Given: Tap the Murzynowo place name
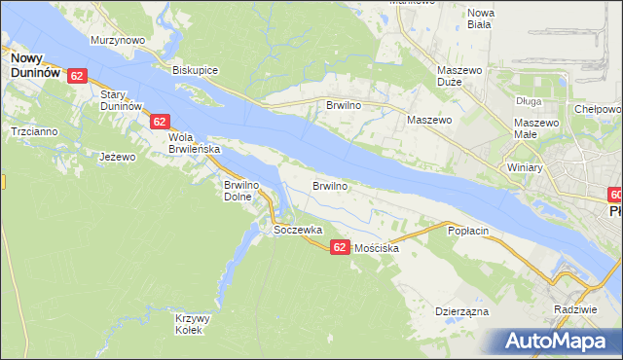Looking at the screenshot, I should click(118, 40).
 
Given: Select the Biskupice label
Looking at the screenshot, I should click(195, 71).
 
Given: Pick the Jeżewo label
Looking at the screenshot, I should click(116, 156).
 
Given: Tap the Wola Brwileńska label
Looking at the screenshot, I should click(195, 143).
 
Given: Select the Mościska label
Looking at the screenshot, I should click(378, 248).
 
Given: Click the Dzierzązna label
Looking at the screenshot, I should click(461, 311).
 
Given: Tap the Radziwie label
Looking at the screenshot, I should click(573, 308).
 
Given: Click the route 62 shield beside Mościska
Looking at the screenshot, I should click(339, 247).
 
